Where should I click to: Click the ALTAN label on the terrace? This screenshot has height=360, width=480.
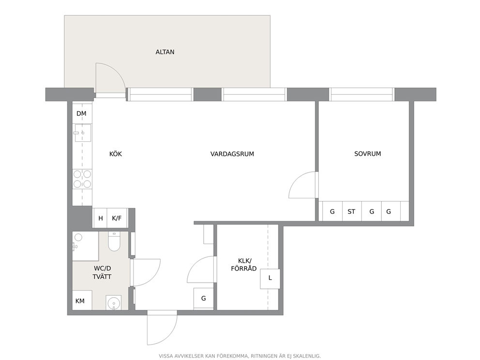click(x=165, y=52)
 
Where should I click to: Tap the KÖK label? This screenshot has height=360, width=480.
click(x=116, y=154)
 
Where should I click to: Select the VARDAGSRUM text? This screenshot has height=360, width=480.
click(x=232, y=154)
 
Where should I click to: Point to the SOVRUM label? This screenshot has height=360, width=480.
click(x=368, y=154)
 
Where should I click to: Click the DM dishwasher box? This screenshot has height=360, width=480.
click(x=81, y=114)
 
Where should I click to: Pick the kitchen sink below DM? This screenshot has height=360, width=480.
click(x=82, y=133)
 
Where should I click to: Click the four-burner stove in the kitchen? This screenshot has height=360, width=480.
click(x=82, y=179)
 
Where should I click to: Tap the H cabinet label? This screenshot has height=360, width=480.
click(x=101, y=218)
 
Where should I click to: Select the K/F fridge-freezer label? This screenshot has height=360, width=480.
click(x=117, y=218)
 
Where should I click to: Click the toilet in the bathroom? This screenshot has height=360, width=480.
click(x=114, y=241)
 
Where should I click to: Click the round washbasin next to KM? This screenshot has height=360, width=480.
click(x=114, y=303)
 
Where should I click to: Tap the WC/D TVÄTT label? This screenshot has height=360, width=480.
click(x=102, y=272)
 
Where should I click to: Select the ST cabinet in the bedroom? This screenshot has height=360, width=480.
click(x=352, y=211)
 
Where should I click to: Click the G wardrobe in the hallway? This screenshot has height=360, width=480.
click(x=204, y=299)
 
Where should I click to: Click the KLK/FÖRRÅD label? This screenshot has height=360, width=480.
click(x=244, y=265)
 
